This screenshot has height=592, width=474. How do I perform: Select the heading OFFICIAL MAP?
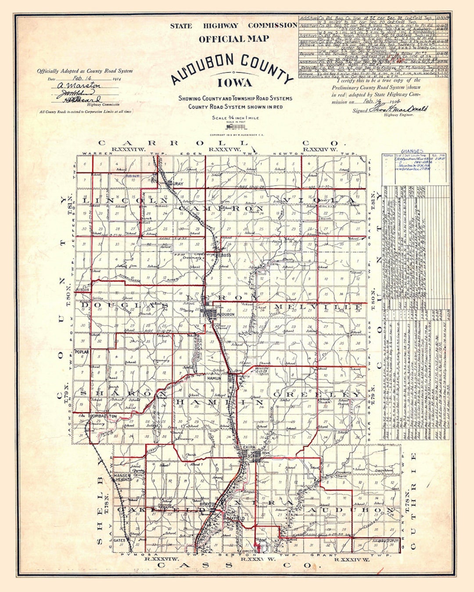point(233,39)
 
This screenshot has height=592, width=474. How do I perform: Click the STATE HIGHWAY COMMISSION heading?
point(233,25)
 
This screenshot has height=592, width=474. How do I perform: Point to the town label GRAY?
point(178,184)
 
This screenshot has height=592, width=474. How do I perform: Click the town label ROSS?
point(226,255)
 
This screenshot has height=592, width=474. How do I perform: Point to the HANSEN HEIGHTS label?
point(123,478)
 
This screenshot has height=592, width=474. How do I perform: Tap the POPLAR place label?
point(82,352)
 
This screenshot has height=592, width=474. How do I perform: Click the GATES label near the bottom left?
point(119,540)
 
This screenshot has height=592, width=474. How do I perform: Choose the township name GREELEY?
point(318,394)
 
